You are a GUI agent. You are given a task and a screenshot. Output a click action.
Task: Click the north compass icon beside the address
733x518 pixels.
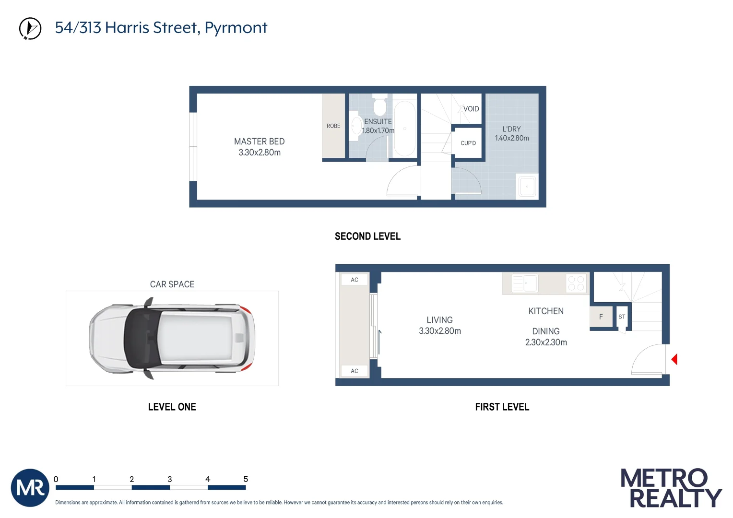click(x=30, y=28)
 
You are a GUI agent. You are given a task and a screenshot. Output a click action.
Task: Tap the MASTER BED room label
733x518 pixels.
click(x=259, y=141)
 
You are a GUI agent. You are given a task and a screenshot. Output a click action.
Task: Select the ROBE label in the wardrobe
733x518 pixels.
click(x=333, y=126)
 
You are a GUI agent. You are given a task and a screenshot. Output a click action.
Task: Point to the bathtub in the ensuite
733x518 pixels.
click(x=404, y=128)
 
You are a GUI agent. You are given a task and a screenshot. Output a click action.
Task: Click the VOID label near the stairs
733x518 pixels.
click(x=471, y=109)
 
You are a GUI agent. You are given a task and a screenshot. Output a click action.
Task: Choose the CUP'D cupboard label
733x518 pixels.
click(x=468, y=143)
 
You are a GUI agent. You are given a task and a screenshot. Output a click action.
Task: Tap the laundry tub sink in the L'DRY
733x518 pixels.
click(x=527, y=186)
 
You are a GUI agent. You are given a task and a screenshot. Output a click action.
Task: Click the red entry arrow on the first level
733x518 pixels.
click(x=674, y=359)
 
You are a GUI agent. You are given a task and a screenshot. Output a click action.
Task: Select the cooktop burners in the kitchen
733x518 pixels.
click(x=576, y=283)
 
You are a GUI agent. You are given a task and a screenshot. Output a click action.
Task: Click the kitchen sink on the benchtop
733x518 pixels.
click(x=525, y=283)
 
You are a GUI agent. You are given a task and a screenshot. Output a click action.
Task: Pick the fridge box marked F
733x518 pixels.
click(x=601, y=317)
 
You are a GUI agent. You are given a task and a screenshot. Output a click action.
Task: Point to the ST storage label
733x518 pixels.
click(x=622, y=317)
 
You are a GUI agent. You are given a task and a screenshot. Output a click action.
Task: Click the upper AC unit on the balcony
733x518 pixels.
click(x=355, y=280)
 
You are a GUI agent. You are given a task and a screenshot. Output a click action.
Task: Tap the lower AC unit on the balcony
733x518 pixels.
click(x=355, y=371)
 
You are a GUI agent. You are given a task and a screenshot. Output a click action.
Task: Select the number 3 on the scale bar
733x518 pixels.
click(x=170, y=479)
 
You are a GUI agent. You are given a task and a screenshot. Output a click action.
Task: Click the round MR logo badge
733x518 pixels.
click(x=30, y=488)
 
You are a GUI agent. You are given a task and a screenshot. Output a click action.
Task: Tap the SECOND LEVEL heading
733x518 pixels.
click(x=367, y=236)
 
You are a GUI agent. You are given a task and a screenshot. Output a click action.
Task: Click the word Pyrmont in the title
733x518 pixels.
click(x=236, y=28)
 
